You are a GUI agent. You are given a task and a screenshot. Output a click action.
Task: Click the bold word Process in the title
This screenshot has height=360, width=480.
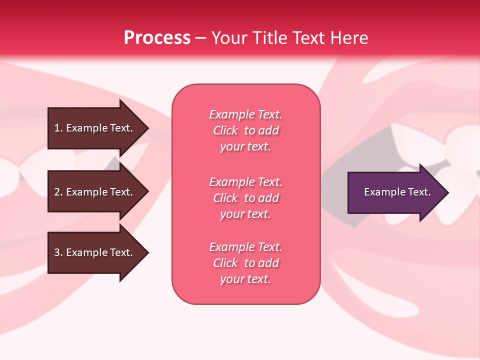coord(157,38)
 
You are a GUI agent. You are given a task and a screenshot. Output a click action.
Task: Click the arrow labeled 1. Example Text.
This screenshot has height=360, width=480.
coord(95,128)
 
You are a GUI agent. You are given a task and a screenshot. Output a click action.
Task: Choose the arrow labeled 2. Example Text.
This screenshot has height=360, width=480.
coord(95,192)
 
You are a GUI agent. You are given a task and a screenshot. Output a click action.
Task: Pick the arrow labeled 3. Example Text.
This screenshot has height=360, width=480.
coord(95,252)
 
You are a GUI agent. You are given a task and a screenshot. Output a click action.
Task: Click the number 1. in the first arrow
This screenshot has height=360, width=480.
coord(58,128)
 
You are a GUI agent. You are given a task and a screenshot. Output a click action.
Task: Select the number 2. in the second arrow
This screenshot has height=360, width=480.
coord(58,192)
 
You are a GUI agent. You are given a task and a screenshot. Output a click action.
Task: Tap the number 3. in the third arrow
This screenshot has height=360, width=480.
coord(58,252)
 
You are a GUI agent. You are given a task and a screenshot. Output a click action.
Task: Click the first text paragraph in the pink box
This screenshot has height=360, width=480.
coord(245,130)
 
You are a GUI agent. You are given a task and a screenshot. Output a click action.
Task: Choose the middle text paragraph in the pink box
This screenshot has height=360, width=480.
coord(245,198)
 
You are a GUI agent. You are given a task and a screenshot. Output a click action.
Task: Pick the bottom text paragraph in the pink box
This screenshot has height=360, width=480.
coord(245,263)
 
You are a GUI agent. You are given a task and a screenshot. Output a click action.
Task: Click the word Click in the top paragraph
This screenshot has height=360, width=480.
coord(225,130)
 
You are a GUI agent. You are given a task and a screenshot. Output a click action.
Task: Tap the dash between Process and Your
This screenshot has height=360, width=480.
coord(200,38)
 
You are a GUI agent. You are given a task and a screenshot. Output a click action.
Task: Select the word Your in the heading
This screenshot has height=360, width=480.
coord(230,38)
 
